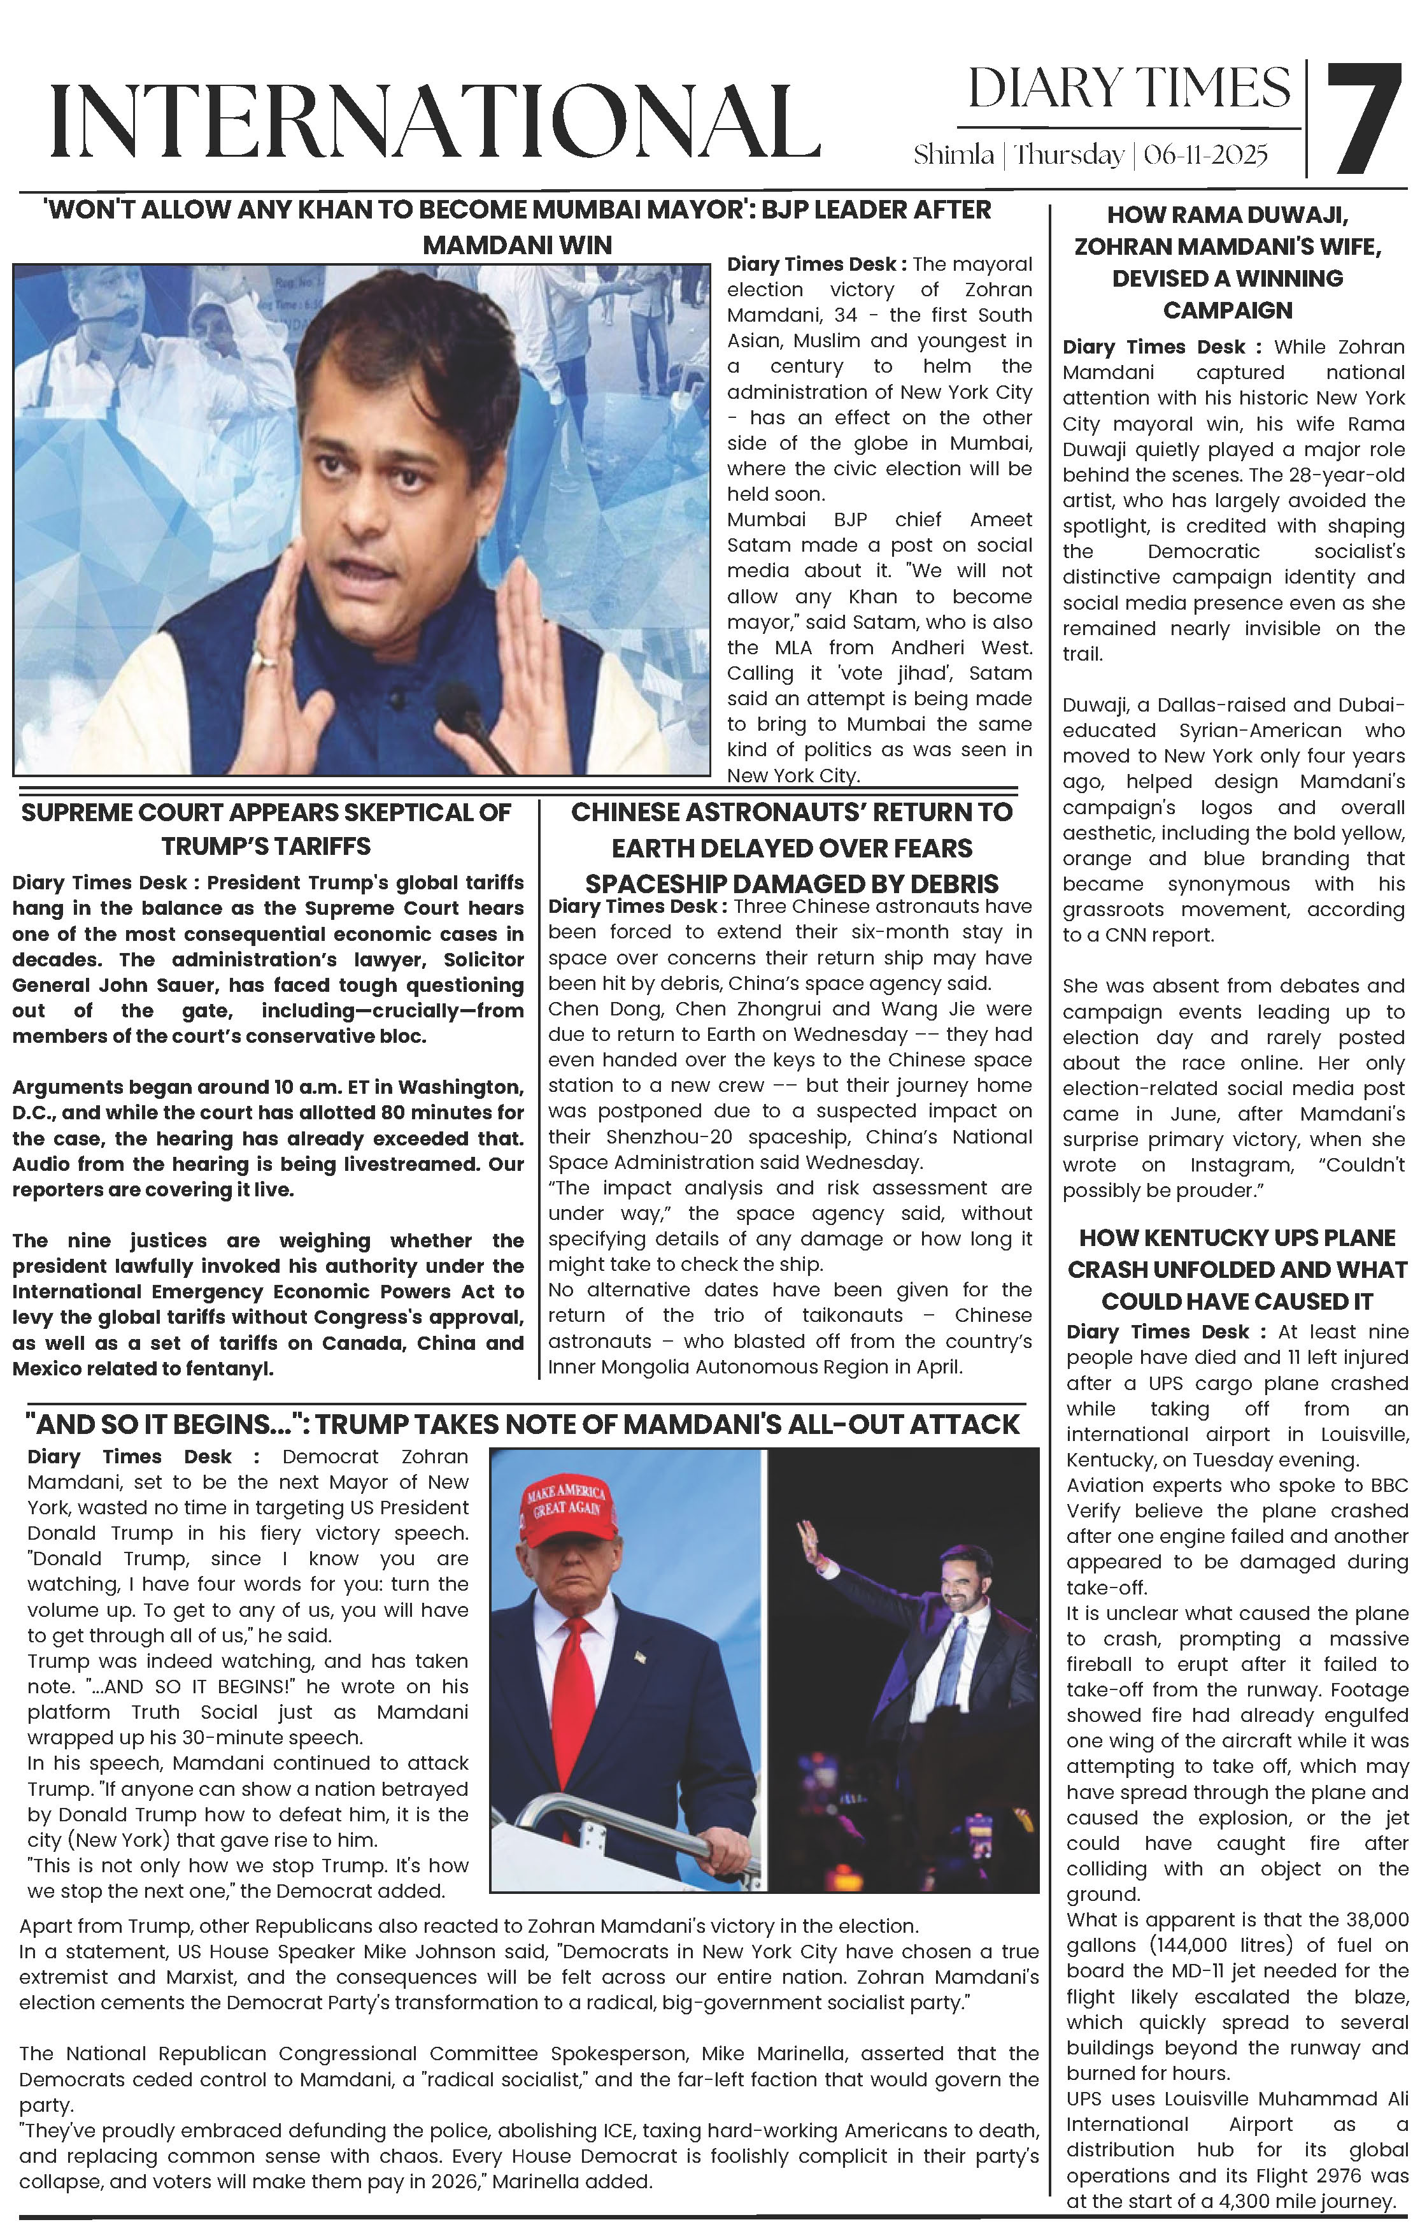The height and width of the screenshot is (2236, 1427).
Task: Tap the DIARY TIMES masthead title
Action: click(1129, 89)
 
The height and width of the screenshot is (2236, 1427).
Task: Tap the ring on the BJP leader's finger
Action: click(266, 660)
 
